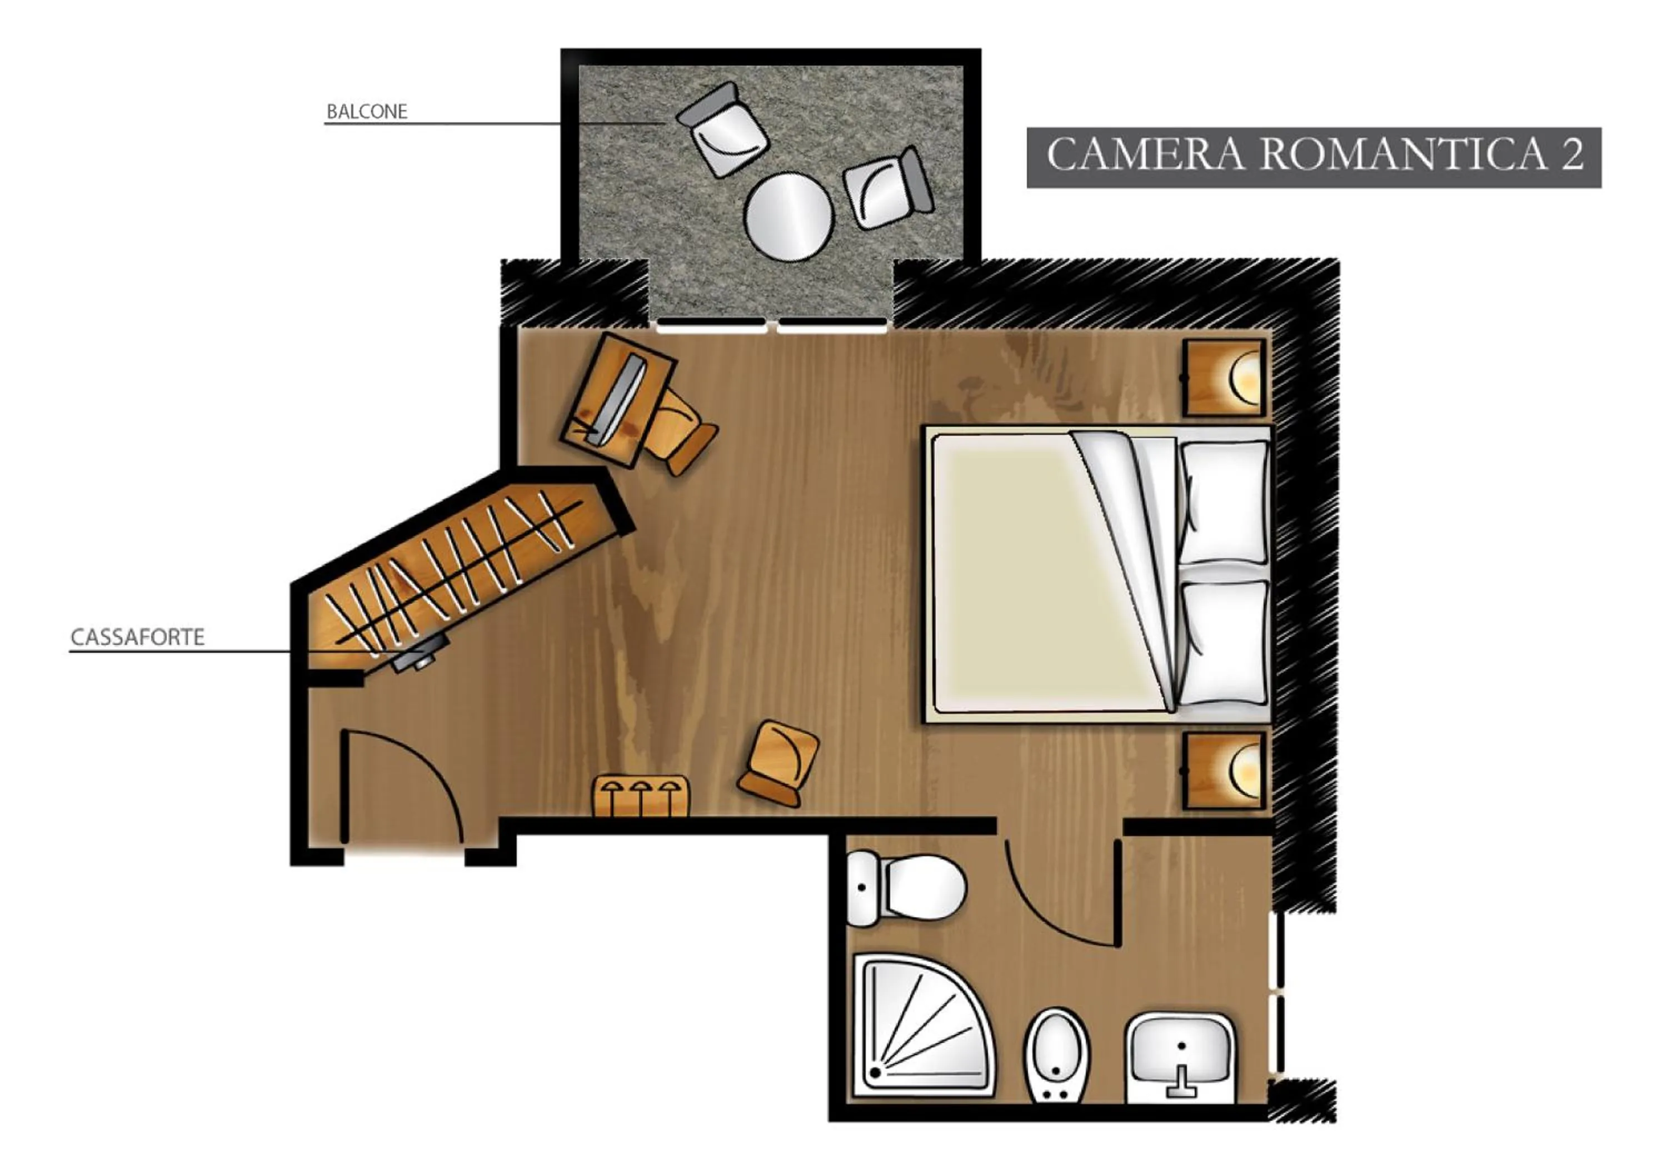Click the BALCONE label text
tap(367, 112)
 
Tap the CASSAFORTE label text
tap(137, 637)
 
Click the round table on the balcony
tap(788, 215)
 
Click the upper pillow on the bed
tap(1224, 501)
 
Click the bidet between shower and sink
tap(1056, 1057)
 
